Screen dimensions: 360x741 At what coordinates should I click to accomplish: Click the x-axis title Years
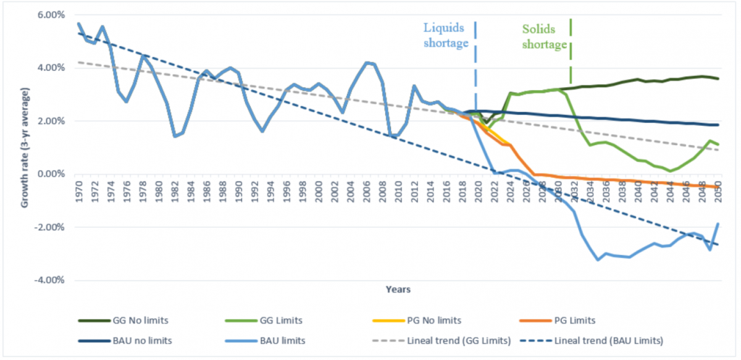(399, 289)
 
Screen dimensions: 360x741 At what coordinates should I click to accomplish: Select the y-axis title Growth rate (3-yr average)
(25, 147)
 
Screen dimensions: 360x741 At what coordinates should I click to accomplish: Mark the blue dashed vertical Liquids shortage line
(475, 62)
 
